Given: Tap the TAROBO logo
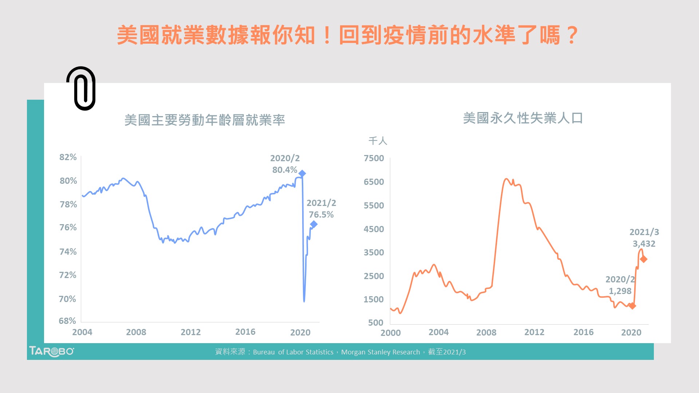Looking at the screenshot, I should (51, 352).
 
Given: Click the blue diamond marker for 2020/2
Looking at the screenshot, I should (302, 174).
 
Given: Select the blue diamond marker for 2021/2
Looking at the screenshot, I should (313, 224).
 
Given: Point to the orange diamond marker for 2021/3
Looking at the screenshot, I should (643, 259).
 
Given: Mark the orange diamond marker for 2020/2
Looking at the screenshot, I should (632, 306).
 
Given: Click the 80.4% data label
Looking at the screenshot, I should (285, 170).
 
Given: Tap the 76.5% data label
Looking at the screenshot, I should (321, 215).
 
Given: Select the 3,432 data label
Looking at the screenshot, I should (644, 244).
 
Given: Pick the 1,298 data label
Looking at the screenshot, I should (620, 291).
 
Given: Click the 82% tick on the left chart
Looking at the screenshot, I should (68, 157).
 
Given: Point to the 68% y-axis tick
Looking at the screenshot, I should (67, 321).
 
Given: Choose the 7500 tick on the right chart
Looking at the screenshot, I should (374, 158).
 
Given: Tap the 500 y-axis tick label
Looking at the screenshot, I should (376, 323).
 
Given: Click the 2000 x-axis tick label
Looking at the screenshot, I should (390, 333).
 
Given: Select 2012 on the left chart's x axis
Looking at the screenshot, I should (190, 332).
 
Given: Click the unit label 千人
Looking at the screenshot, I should (378, 141).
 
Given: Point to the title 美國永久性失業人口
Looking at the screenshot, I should (523, 118).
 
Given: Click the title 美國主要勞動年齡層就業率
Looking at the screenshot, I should (205, 120).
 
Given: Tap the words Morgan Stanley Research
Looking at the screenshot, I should (380, 352).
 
